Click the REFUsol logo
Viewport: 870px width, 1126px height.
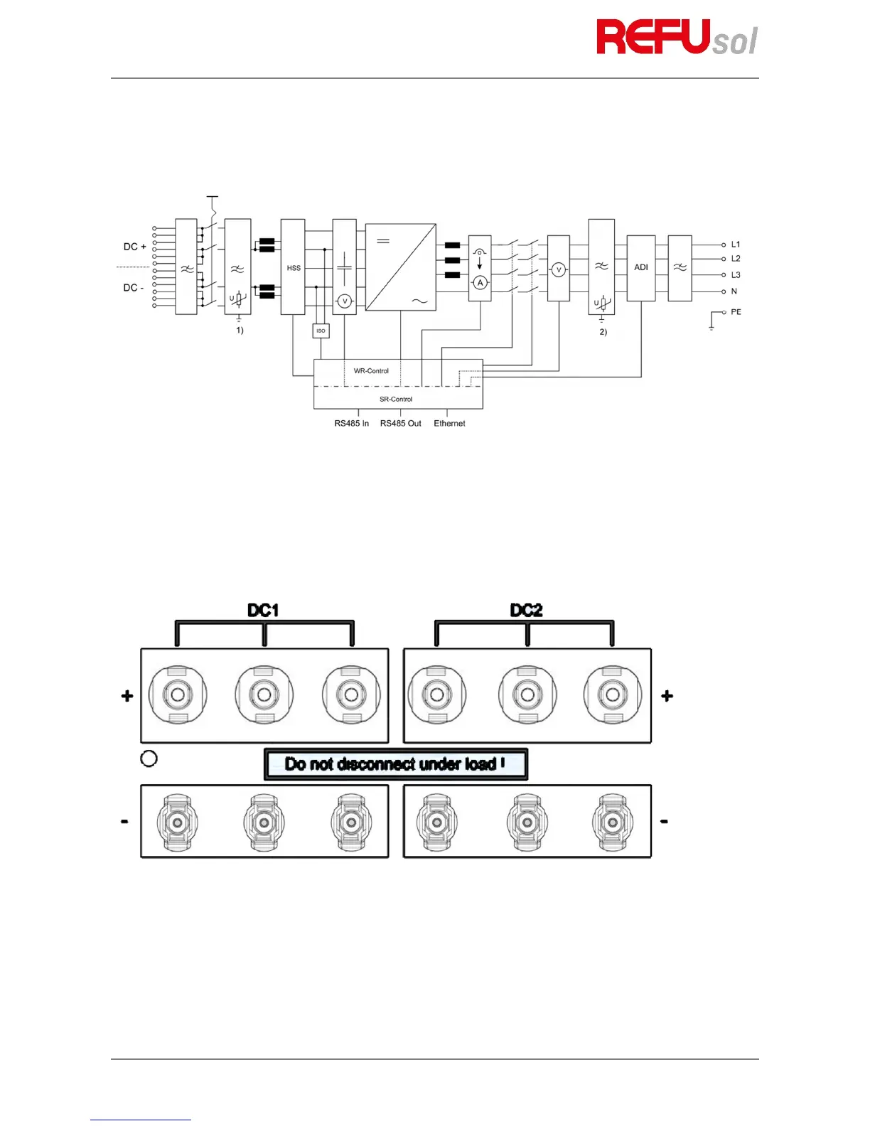tap(676, 37)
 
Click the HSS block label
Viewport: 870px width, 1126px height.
tap(294, 268)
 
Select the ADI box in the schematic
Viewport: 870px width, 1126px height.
tap(641, 267)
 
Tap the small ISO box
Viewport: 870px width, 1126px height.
tap(321, 331)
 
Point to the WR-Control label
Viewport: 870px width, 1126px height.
tap(371, 371)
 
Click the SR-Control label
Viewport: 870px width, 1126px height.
tap(396, 400)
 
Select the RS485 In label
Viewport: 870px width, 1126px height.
tap(351, 424)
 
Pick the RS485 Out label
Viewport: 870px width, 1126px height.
tap(400, 424)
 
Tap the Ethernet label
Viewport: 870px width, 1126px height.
tap(449, 424)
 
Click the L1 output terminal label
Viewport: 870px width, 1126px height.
tap(736, 245)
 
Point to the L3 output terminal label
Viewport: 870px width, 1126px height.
tap(736, 275)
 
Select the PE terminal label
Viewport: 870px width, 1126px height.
tap(736, 312)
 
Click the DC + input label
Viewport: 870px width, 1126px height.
tap(134, 247)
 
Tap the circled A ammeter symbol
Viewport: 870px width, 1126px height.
tap(480, 283)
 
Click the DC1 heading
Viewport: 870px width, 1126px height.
tap(263, 610)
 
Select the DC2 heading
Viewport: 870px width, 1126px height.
tap(526, 610)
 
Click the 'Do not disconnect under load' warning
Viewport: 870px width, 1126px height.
tap(395, 764)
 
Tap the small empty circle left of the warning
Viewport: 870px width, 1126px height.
tap(149, 758)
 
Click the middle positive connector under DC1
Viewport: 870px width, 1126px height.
tap(264, 695)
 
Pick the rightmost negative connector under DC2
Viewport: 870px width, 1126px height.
tap(612, 822)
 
